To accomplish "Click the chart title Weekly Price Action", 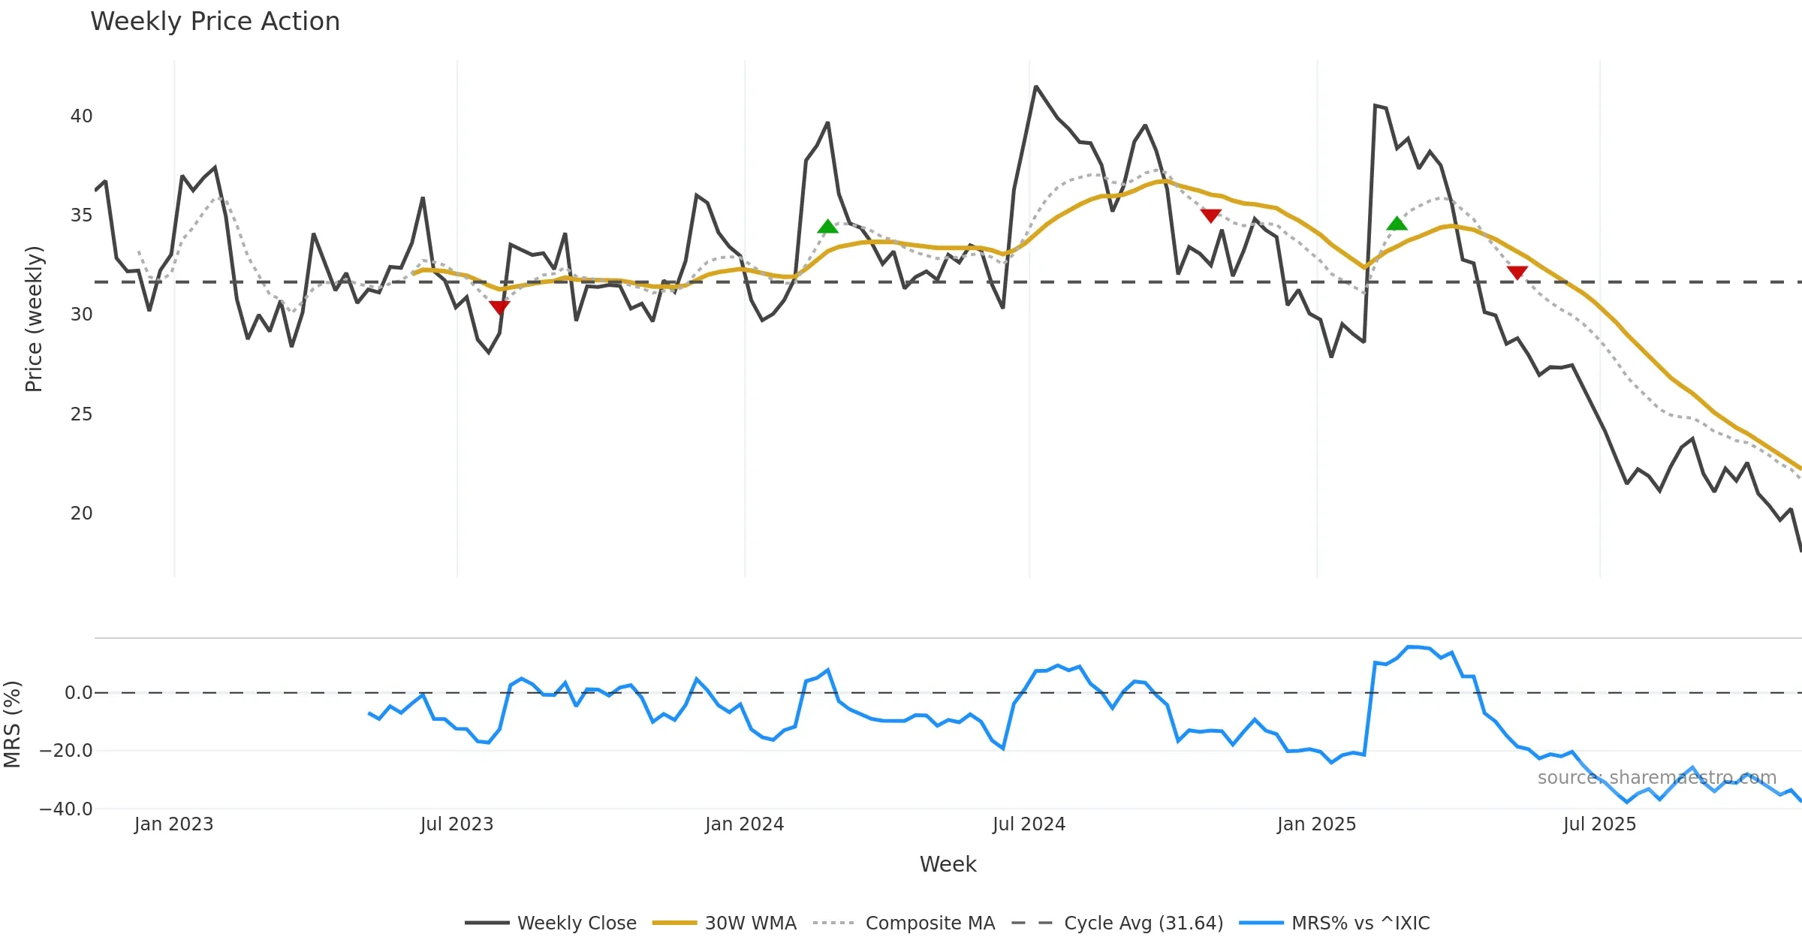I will coord(215,22).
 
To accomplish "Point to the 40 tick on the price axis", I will coord(81,116).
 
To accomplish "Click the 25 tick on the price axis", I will coord(81,414).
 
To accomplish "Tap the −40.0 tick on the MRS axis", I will coord(67,809).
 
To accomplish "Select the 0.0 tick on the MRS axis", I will coord(78,693).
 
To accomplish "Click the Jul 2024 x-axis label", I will coord(1029,824).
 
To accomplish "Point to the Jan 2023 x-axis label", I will coord(174,824).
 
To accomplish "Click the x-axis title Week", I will coord(948,865).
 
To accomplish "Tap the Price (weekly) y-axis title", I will coord(34,319).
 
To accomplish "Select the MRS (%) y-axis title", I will coord(12,725).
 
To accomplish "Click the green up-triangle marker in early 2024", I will coord(827,227).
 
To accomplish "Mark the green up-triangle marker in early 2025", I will coord(1397,224).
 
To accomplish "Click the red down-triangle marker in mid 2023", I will coord(499,307).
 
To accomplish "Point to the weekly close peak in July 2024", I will coord(1035,87).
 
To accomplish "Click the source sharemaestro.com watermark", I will coord(1656,778).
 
